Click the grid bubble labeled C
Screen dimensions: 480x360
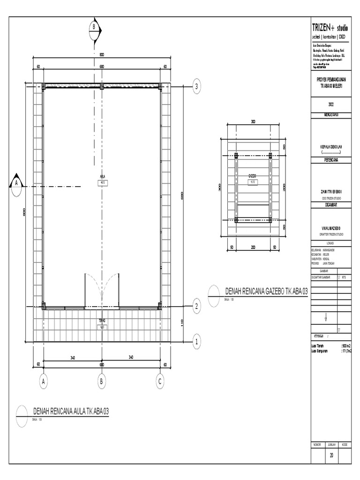pyautogui.click(x=160, y=382)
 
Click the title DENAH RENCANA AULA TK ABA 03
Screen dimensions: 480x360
pyautogui.click(x=70, y=412)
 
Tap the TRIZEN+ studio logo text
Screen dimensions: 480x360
pyautogui.click(x=330, y=29)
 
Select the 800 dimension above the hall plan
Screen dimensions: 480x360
pyautogui.click(x=102, y=55)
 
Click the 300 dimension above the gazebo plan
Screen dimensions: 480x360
pyautogui.click(x=253, y=122)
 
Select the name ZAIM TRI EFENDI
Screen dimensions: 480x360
pyautogui.click(x=330, y=192)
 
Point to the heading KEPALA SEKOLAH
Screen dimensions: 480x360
pyautogui.click(x=330, y=147)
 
